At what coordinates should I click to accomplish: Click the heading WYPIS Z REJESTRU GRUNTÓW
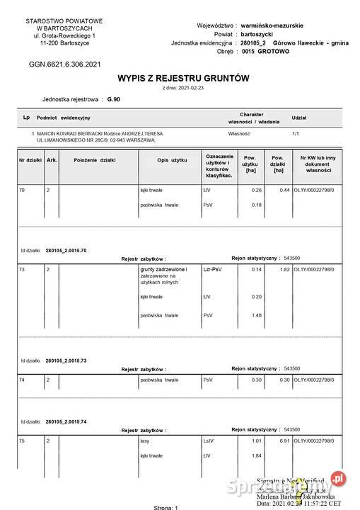click(x=182, y=78)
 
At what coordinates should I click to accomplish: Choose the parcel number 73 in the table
click(x=22, y=270)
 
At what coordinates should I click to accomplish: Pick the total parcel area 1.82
click(x=284, y=270)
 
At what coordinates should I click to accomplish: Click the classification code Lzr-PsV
click(x=213, y=270)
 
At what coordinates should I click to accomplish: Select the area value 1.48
click(x=257, y=315)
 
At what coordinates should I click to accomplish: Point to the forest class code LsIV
click(x=208, y=441)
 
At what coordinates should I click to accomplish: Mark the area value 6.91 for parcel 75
click(x=284, y=441)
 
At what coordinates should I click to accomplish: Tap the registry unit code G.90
click(x=115, y=100)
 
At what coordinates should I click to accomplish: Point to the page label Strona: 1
click(x=167, y=507)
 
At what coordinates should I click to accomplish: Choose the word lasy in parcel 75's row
click(x=146, y=441)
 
